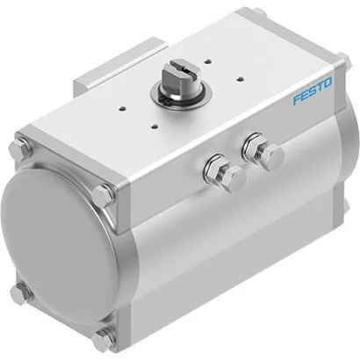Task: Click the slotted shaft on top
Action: point(182,82)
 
